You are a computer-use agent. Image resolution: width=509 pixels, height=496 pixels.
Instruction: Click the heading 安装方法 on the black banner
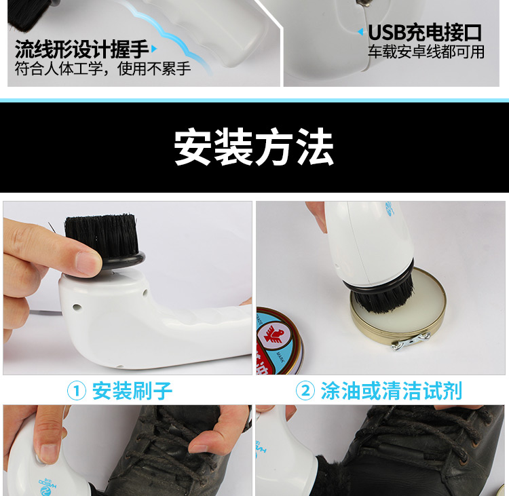tap(254, 147)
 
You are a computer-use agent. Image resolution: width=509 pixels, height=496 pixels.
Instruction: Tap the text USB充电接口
tap(425, 33)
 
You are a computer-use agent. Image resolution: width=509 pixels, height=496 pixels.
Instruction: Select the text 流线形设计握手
tap(82, 50)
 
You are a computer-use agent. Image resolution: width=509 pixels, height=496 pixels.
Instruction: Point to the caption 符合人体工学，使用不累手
tap(102, 69)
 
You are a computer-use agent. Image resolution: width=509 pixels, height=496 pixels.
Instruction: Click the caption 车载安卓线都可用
tap(426, 52)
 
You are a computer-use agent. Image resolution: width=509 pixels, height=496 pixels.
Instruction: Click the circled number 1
tap(77, 391)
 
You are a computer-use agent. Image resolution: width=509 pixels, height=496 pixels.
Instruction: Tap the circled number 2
tap(305, 390)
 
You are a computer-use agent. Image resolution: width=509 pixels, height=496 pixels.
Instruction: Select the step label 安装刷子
tap(132, 391)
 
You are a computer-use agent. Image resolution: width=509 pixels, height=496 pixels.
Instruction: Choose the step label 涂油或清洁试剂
tap(392, 391)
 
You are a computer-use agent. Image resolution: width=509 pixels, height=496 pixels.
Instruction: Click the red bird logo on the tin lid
tap(274, 335)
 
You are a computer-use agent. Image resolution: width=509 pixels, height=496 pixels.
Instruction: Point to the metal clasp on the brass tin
tap(411, 341)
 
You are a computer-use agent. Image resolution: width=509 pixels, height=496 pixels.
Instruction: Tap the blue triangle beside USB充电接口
tap(360, 31)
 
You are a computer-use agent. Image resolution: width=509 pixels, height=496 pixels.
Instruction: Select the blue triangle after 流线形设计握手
tap(154, 49)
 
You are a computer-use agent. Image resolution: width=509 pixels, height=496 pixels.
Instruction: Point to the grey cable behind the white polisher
tap(45, 312)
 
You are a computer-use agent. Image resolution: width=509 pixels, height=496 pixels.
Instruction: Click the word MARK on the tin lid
tap(280, 357)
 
